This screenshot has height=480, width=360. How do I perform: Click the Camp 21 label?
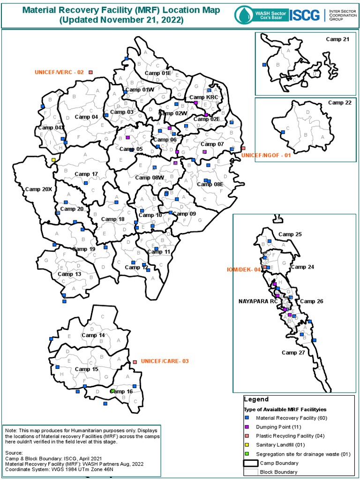(x=337, y=39)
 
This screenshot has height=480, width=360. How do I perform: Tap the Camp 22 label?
(x=339, y=103)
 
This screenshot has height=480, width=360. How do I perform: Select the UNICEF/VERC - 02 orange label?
(x=59, y=72)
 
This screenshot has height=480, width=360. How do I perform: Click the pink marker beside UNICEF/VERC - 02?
(x=90, y=72)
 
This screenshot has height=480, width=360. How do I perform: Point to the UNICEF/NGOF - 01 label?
(x=266, y=155)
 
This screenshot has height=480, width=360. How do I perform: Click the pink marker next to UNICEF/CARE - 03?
(x=135, y=362)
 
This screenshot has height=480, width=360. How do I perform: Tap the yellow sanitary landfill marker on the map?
(x=53, y=160)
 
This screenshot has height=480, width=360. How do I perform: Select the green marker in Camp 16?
(x=112, y=391)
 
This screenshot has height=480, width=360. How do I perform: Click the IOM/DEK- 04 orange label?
(x=243, y=270)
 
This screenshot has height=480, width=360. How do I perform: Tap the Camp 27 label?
(x=293, y=352)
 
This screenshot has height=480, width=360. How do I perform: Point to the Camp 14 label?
(x=93, y=335)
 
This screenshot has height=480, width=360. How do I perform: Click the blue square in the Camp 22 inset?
(x=283, y=133)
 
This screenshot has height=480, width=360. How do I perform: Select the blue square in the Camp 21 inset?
(x=264, y=64)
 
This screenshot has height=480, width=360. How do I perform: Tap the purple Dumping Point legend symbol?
(x=247, y=427)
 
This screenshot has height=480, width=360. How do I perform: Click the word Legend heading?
(x=256, y=399)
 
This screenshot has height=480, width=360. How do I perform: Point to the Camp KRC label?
(x=204, y=97)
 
